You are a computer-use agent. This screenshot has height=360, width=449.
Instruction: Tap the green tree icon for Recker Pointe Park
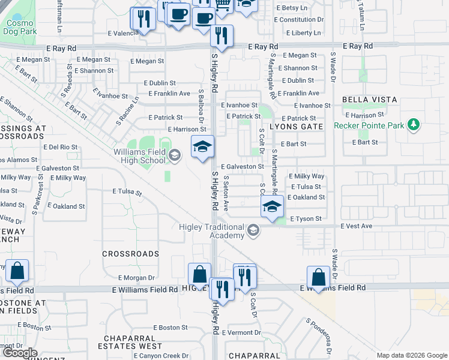(413, 125)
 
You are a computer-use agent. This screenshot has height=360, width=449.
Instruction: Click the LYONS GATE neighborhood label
(296, 127)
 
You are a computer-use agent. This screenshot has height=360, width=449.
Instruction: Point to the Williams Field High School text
(140, 157)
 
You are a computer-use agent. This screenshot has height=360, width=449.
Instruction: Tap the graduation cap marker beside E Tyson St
(271, 208)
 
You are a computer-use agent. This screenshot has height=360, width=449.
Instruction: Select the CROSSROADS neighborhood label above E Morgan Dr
(130, 254)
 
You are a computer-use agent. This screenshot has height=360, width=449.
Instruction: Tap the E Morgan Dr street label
(137, 278)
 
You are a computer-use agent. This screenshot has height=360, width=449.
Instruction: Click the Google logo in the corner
(20, 353)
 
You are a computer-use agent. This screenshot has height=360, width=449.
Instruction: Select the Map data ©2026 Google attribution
(411, 355)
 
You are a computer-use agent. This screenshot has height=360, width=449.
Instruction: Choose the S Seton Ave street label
(226, 193)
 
